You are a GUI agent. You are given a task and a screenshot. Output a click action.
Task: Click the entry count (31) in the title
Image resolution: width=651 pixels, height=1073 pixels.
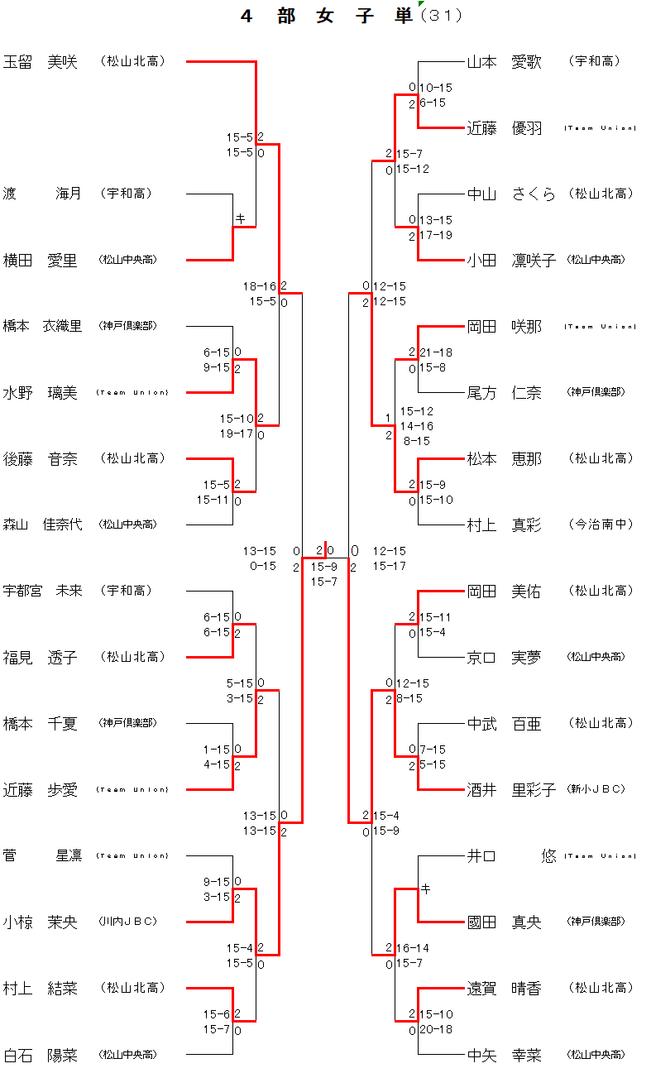point(442,16)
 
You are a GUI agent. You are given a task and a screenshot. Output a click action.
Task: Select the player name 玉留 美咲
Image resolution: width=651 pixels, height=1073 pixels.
point(41,61)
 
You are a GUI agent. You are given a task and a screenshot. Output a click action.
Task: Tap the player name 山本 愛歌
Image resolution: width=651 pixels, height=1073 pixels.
point(504,61)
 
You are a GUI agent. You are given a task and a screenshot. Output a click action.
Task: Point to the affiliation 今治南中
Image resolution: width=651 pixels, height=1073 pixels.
point(601,525)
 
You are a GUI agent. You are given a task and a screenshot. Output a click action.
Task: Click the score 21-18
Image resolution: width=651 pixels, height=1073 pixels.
point(436,352)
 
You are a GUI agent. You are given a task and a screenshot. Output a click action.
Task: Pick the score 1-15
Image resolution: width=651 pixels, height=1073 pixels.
point(217,750)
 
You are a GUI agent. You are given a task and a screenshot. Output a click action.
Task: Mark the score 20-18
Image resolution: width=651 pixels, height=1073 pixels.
point(436,1030)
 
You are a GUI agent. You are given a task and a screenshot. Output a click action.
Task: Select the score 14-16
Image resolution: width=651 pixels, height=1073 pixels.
point(417,426)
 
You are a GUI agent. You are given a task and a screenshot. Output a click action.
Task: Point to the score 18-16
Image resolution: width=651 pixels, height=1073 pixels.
point(260,286)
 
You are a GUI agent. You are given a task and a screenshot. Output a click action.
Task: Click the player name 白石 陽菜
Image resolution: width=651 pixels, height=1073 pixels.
point(41,1055)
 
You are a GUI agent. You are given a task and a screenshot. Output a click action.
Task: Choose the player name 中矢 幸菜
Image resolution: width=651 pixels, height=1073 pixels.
point(504,1055)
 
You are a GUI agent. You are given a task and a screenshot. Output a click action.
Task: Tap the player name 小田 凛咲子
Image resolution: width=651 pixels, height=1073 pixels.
point(511,261)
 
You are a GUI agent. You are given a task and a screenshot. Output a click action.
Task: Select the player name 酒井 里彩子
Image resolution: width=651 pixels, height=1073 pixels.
point(511,790)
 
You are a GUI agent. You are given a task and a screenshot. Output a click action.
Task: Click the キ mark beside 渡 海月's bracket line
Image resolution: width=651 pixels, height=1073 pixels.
point(241,219)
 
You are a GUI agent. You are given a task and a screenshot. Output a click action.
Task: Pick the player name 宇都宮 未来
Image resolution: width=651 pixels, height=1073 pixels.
point(43,591)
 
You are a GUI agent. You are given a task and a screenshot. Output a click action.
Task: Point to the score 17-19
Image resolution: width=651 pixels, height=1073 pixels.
point(436,236)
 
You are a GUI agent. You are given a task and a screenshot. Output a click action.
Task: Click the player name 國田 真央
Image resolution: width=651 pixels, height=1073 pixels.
point(504,922)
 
